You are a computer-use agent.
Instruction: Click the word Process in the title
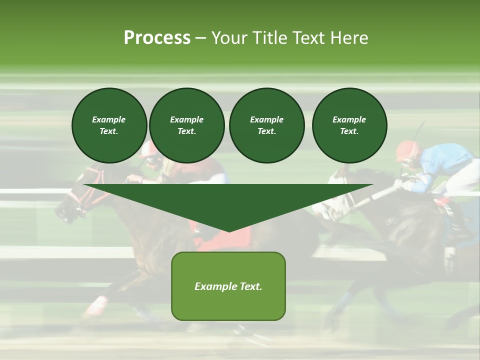pyautogui.click(x=157, y=38)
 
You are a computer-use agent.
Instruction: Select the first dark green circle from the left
pyautogui.click(x=109, y=125)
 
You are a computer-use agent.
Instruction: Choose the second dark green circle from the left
pyautogui.click(x=186, y=125)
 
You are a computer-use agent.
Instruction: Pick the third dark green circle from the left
pyautogui.click(x=266, y=125)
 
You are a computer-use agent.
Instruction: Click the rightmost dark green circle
pyautogui.click(x=349, y=125)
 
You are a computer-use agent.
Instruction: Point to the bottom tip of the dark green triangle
pyautogui.click(x=228, y=230)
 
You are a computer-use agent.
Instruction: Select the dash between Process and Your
pyautogui.click(x=200, y=38)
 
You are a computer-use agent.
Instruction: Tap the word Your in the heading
pyautogui.click(x=230, y=38)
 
